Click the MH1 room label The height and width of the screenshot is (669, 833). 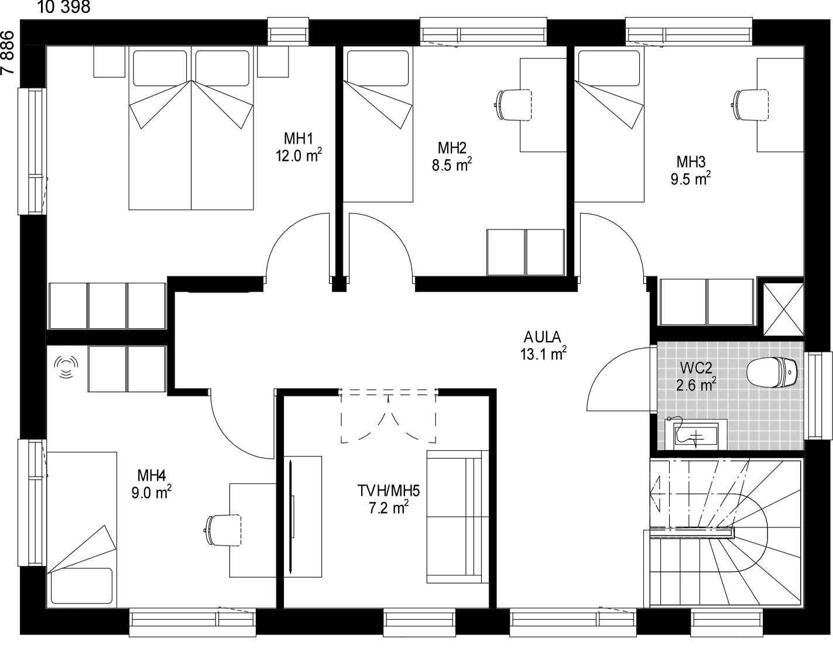tap(298, 138)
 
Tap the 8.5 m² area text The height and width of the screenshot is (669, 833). tap(452, 164)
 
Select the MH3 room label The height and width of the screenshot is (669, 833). tap(691, 162)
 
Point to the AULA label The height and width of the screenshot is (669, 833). tap(542, 337)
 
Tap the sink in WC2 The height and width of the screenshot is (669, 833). tap(695, 435)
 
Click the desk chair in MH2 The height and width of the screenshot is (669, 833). tap(513, 105)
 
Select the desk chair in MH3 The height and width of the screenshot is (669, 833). tap(749, 105)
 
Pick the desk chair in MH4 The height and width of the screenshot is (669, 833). tap(222, 530)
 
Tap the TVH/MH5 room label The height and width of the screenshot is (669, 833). tap(388, 491)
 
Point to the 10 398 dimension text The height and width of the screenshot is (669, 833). tap(64, 7)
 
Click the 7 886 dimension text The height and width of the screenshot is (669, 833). tap(8, 53)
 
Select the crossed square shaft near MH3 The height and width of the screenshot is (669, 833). tap(783, 310)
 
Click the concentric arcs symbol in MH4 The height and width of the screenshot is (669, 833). tap(66, 367)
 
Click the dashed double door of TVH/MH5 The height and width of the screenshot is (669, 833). tap(388, 416)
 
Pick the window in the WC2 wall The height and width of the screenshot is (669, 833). tap(818, 396)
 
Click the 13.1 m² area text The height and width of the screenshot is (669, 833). tap(543, 354)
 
